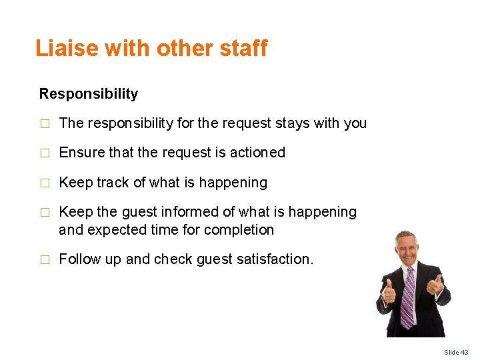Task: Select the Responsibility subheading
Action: (89, 94)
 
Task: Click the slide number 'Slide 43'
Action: (457, 352)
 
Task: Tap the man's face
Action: (406, 249)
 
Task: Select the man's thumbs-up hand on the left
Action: (389, 291)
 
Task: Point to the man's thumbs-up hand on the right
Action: (435, 285)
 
